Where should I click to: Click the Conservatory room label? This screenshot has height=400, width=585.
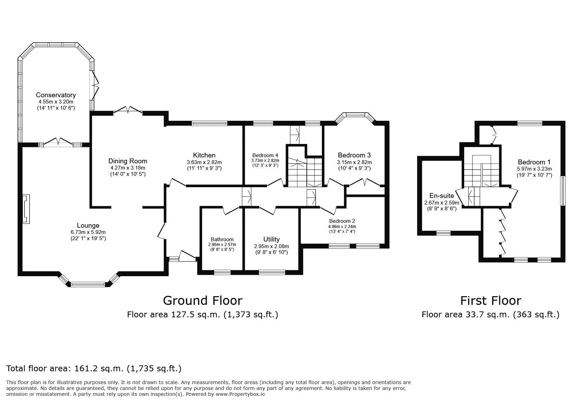pos(56,95)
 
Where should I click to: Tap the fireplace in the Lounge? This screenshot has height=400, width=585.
pos(26,209)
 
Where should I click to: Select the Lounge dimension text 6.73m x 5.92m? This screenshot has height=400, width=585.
pos(88,232)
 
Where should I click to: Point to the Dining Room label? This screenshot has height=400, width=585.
pos(128,161)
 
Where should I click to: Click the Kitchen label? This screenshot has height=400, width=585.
pos(204,155)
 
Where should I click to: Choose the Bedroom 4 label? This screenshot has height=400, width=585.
pos(265,155)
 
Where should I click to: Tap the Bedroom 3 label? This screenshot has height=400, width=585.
pos(354,155)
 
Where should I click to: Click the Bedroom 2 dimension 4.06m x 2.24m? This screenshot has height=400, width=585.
pos(342,227)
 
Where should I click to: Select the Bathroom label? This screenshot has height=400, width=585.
pos(222,239)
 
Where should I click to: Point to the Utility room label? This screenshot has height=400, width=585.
pos(271,239)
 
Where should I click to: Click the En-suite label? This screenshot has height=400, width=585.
pos(442,196)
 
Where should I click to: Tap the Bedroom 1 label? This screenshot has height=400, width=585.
pos(534,162)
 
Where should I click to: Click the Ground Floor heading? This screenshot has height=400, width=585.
pos(202,301)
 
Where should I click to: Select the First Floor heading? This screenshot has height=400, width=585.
pos(491,301)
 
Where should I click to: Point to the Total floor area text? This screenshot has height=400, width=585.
pos(94,369)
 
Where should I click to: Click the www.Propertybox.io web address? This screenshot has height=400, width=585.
pos(240,394)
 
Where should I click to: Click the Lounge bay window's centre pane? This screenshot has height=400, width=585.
pos(88,284)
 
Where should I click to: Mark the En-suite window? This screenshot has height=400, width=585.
pos(443,233)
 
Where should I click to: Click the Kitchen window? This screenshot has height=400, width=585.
pos(209,124)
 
